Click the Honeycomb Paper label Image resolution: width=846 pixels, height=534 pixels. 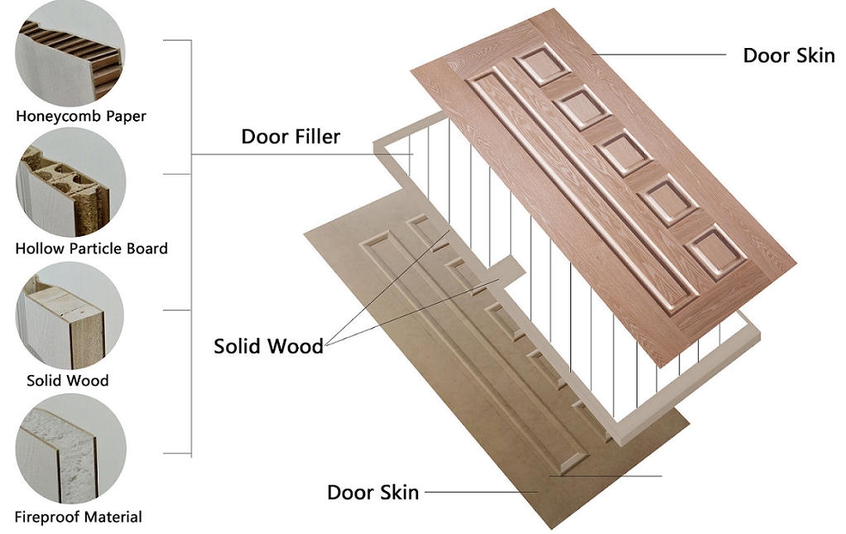coord(81,116)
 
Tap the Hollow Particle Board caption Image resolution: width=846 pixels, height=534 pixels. coord(92,248)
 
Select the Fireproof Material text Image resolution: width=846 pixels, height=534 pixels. coord(79,517)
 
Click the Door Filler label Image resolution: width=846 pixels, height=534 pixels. coord(291,137)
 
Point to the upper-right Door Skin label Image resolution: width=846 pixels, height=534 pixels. coord(789,55)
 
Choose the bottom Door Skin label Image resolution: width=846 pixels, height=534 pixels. coord(373,493)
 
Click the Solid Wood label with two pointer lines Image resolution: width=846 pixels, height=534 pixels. coord(268,346)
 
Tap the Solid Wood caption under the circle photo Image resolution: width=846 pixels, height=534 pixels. coord(67,381)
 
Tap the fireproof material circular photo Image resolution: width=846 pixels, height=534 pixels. coord(70,449)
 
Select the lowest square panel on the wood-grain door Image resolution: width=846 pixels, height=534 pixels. coord(714,252)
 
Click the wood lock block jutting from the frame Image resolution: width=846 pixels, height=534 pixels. coord(506,271)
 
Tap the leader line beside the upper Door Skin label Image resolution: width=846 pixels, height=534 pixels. coord(659,55)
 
